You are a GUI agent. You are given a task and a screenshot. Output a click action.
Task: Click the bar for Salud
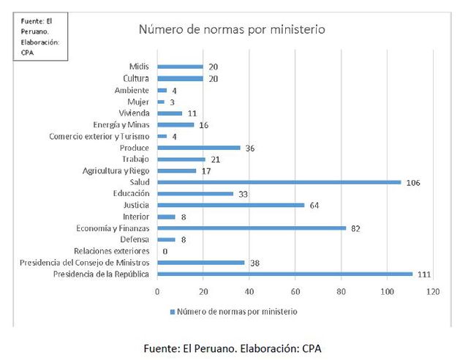click(279, 182)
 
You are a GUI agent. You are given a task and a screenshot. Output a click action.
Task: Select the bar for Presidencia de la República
click(284, 274)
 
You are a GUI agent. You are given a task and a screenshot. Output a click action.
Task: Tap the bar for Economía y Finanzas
click(252, 228)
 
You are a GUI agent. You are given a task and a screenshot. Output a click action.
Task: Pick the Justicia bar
click(230, 205)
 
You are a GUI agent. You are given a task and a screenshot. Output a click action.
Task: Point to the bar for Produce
click(199, 147)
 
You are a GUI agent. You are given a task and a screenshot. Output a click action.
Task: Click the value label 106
click(414, 182)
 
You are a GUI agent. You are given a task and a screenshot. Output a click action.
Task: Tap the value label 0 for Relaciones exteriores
click(165, 252)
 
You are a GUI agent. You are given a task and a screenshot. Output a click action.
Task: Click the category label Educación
click(132, 194)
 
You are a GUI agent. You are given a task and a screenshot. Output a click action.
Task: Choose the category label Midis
click(139, 67)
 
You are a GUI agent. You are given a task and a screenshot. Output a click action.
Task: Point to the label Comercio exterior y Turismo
click(99, 136)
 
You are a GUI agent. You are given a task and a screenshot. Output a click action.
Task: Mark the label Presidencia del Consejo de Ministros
click(85, 263)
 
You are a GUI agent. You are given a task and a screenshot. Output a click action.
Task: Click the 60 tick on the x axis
click(295, 291)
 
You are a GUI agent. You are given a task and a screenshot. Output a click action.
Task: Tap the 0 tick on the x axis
click(157, 291)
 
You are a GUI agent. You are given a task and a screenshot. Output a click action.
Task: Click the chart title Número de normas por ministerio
click(232, 30)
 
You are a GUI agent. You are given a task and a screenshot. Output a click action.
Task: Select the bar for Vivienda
click(170, 113)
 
